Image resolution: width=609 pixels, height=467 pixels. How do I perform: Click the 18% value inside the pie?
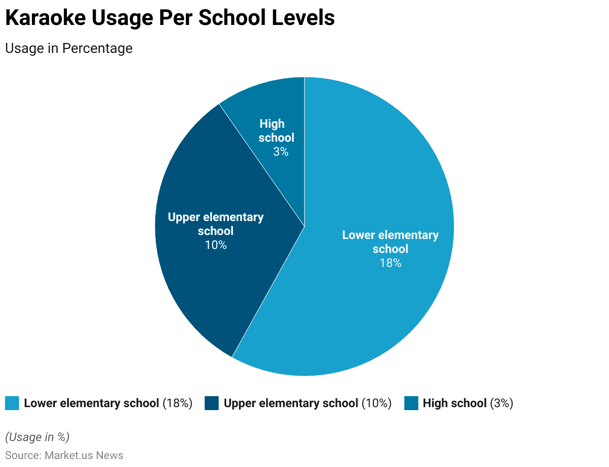tap(390, 263)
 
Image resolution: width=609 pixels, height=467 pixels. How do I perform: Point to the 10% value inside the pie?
tap(216, 245)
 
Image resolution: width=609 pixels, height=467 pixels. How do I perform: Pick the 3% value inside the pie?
tap(281, 152)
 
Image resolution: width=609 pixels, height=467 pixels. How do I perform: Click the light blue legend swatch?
tap(12, 403)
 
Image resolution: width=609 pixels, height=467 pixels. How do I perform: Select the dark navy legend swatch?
tap(212, 403)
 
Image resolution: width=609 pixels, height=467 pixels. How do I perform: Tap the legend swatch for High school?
tap(411, 403)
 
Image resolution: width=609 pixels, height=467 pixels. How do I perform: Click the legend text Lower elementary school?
tap(91, 403)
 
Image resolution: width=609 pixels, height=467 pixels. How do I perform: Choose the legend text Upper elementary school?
tap(291, 403)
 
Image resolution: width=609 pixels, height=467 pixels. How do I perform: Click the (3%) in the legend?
tap(501, 403)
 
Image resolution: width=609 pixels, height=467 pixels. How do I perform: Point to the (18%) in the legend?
tap(177, 403)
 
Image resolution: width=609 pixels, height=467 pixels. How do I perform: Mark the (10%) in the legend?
tap(376, 403)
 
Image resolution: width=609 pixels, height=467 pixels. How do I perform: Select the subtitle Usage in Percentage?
tap(69, 48)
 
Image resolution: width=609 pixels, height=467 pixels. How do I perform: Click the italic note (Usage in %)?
tap(37, 437)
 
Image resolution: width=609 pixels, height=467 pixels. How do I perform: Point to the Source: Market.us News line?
tap(64, 456)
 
